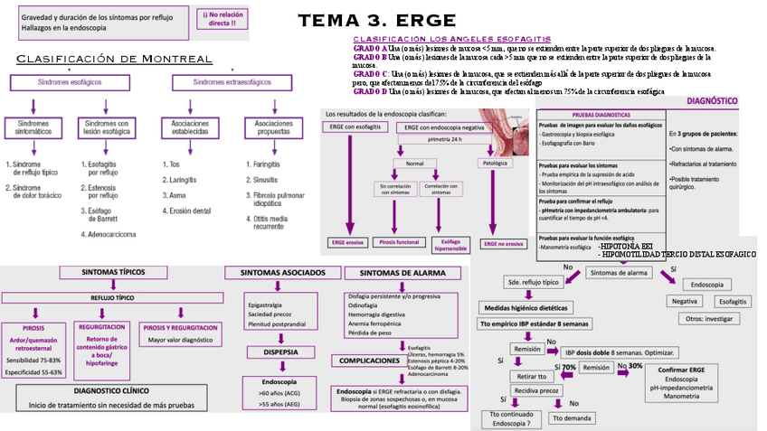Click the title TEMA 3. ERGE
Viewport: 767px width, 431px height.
[377, 21]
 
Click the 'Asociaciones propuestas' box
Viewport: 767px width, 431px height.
[272, 127]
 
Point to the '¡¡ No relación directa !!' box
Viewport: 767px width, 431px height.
[225, 18]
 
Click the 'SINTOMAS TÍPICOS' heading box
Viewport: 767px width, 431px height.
[113, 272]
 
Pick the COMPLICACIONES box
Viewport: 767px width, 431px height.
[369, 361]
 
